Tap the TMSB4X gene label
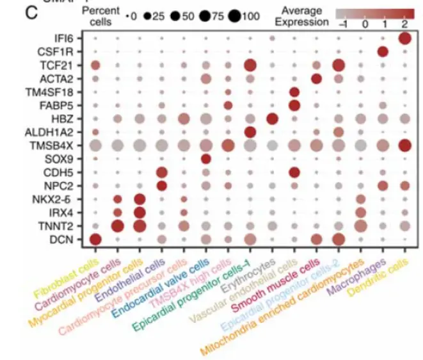coord(56,146)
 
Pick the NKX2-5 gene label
coord(59,199)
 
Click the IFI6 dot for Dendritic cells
coord(404,38)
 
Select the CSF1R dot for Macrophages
coord(383,51)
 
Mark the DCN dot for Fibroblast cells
coord(95,240)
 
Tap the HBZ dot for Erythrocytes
coord(271,119)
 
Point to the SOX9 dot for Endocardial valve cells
coord(205,159)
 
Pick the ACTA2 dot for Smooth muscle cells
coord(315,78)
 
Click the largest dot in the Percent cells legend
coord(233,17)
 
